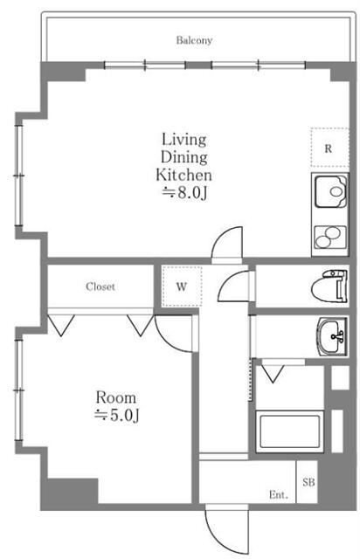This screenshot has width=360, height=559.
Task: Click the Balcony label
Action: pyautogui.click(x=194, y=40)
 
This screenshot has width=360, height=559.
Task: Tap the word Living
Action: pyautogui.click(x=184, y=140)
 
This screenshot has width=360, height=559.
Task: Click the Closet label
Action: pyautogui.click(x=100, y=286)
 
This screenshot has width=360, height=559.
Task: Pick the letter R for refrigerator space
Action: pyautogui.click(x=329, y=148)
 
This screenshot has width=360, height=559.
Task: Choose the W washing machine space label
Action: pyautogui.click(x=181, y=286)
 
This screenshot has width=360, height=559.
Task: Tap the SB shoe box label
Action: pyautogui.click(x=308, y=482)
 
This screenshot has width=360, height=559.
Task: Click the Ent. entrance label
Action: pyautogui.click(x=278, y=495)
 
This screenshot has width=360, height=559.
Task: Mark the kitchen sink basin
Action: pyautogui.click(x=330, y=191)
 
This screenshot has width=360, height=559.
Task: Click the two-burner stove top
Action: pyautogui.click(x=330, y=237)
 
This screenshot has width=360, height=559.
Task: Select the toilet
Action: pyautogui.click(x=329, y=286)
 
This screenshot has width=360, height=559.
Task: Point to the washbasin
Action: pyautogui.click(x=332, y=336)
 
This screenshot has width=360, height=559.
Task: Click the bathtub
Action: pyautogui.click(x=289, y=431)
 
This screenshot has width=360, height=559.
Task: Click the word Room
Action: pyautogui.click(x=115, y=397)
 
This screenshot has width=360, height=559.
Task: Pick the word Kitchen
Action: pyautogui.click(x=183, y=175)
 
